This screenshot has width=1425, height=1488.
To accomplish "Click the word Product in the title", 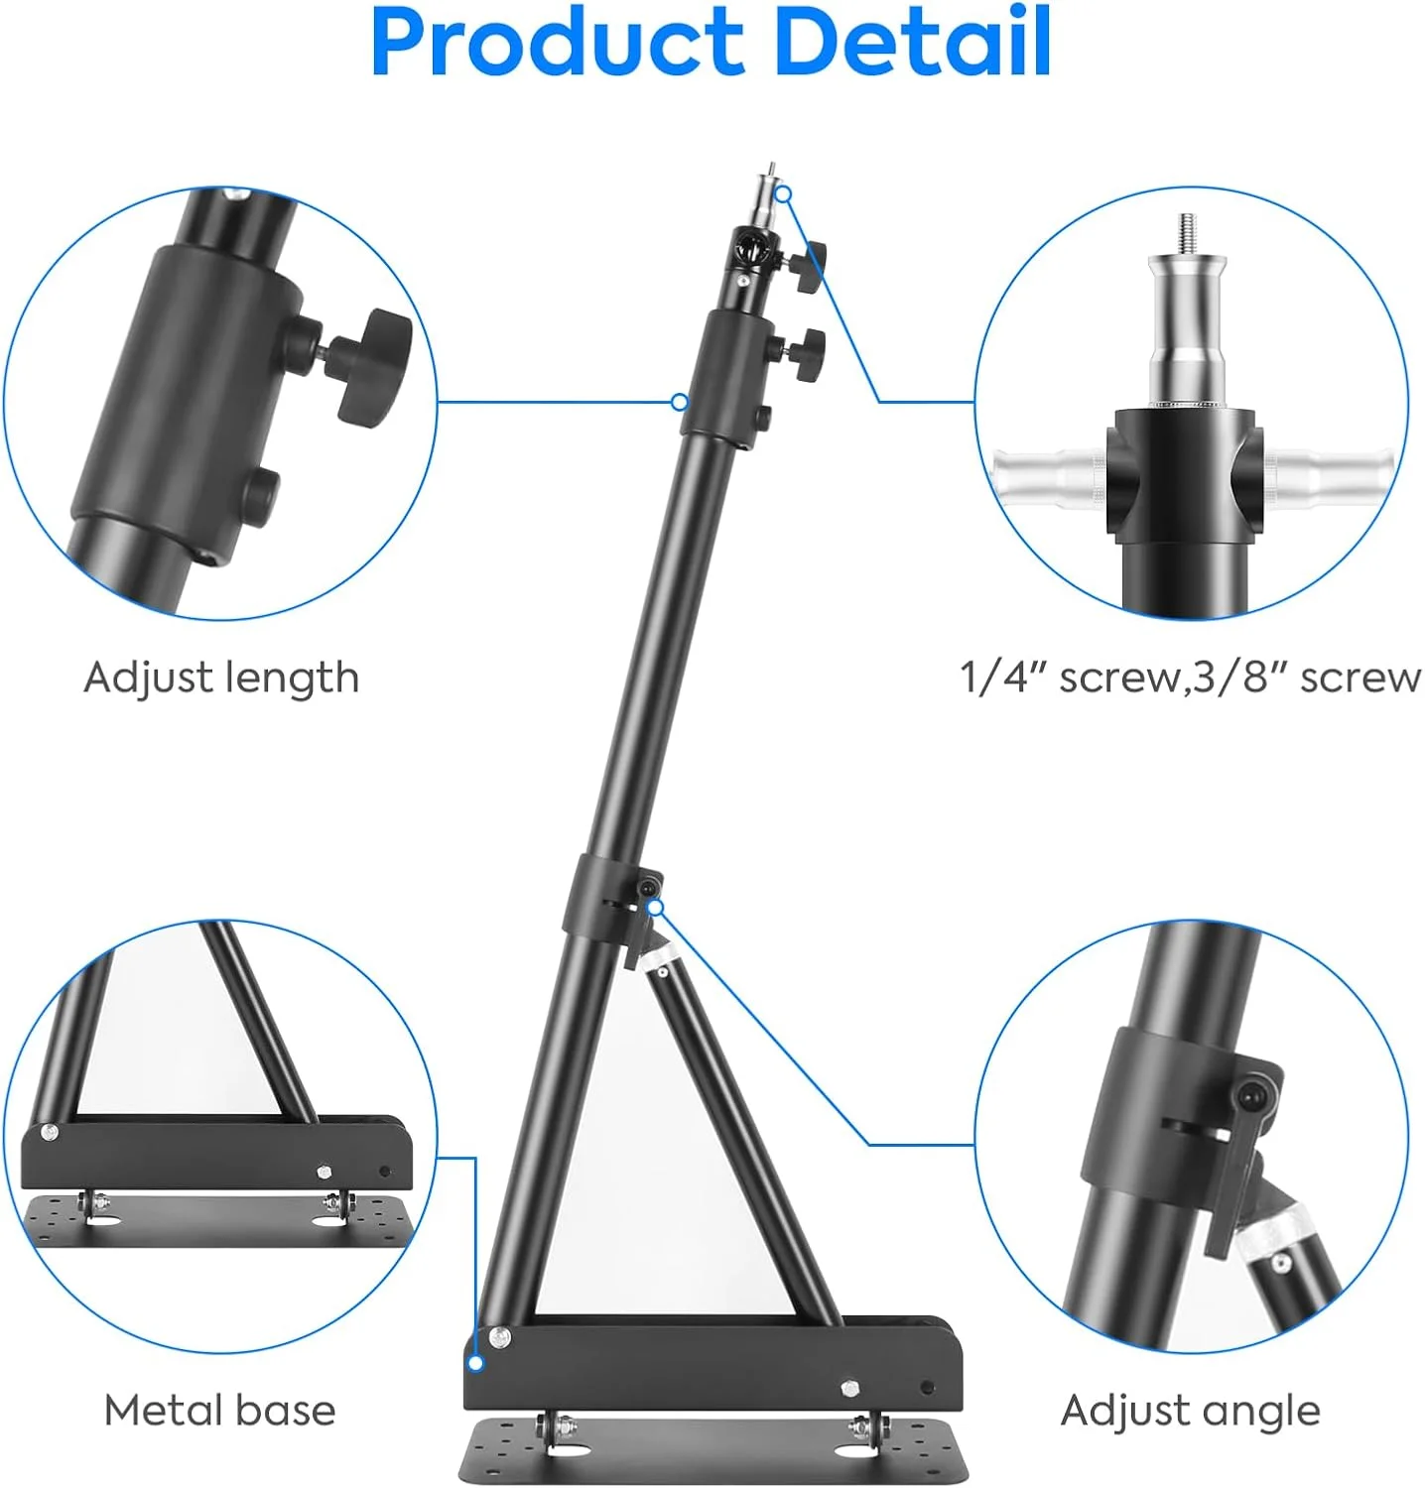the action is point(559,43).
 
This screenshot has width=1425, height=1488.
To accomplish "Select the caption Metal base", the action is point(219,1410).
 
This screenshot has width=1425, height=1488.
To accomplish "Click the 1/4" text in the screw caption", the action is point(1003,678).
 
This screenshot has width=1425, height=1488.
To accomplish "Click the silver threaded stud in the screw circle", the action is point(1186,235).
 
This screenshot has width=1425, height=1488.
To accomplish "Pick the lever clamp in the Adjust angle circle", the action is point(1238,1151).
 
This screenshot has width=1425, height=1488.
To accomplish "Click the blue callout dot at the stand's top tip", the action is point(784,193).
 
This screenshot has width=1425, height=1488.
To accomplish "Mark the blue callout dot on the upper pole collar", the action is point(679,402).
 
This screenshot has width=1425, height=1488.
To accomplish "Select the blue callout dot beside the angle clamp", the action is point(655,907).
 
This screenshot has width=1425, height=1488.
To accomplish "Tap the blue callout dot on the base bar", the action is point(475,1363).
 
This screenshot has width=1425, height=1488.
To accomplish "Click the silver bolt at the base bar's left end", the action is point(499,1338).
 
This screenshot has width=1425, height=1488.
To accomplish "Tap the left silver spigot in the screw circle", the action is point(1050,477).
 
